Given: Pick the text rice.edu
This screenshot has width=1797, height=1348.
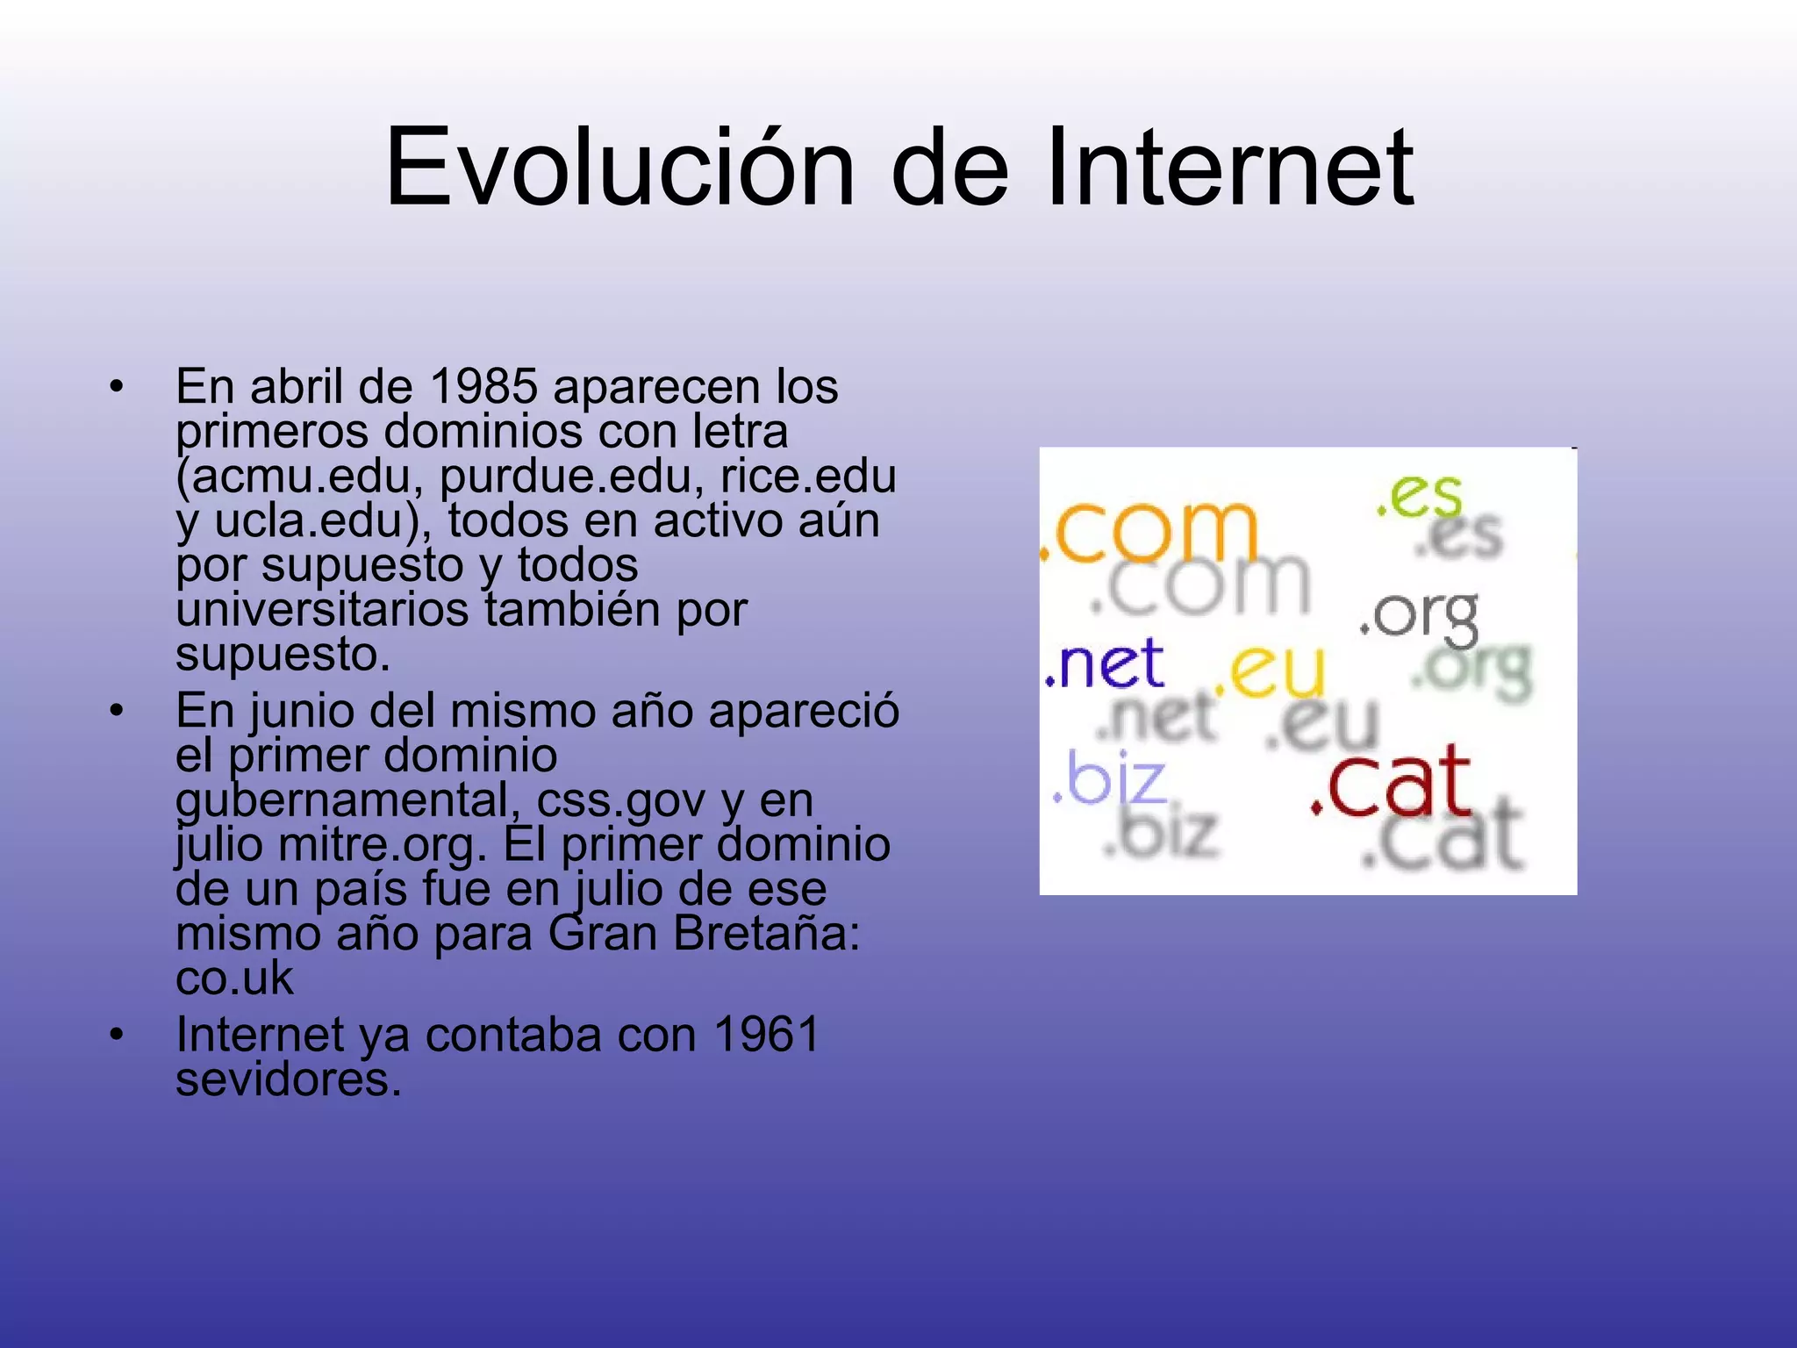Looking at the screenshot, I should coord(808,476).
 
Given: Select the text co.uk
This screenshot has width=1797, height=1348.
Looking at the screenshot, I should coord(234,978).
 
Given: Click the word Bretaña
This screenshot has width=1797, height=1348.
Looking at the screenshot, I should coord(767,933).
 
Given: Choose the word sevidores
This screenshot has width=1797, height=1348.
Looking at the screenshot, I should coord(289,1079).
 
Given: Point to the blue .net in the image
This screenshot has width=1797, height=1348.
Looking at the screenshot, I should coord(1105,664).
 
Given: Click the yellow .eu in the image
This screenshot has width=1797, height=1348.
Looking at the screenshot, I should coord(1270,671).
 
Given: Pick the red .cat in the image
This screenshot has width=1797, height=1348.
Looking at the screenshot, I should coord(1391,780).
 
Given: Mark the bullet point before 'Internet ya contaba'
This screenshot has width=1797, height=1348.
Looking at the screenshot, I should coord(116,1034).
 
